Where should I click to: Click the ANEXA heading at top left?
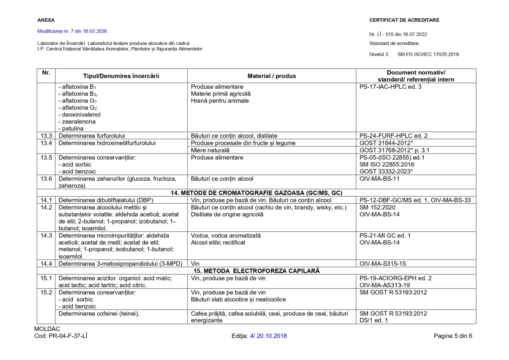coord(46,20)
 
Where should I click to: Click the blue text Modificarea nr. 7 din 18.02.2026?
coord(72,31)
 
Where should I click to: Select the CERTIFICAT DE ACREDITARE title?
coord(404,20)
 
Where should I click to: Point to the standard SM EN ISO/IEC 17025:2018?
coord(428,54)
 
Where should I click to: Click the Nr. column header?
coord(46,73)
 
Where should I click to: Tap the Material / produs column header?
coord(272,76)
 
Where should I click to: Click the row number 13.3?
coord(46,136)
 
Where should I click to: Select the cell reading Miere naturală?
coord(210,150)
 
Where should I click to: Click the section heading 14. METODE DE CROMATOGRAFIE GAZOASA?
coord(256,193)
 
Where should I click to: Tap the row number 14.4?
coord(46,263)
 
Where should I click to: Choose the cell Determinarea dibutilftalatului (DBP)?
coord(106,200)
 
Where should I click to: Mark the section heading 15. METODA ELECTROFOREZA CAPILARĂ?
coord(256,270)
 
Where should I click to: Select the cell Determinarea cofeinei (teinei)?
coord(99,313)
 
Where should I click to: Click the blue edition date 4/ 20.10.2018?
coord(268,336)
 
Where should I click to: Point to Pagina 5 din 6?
coord(453,336)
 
